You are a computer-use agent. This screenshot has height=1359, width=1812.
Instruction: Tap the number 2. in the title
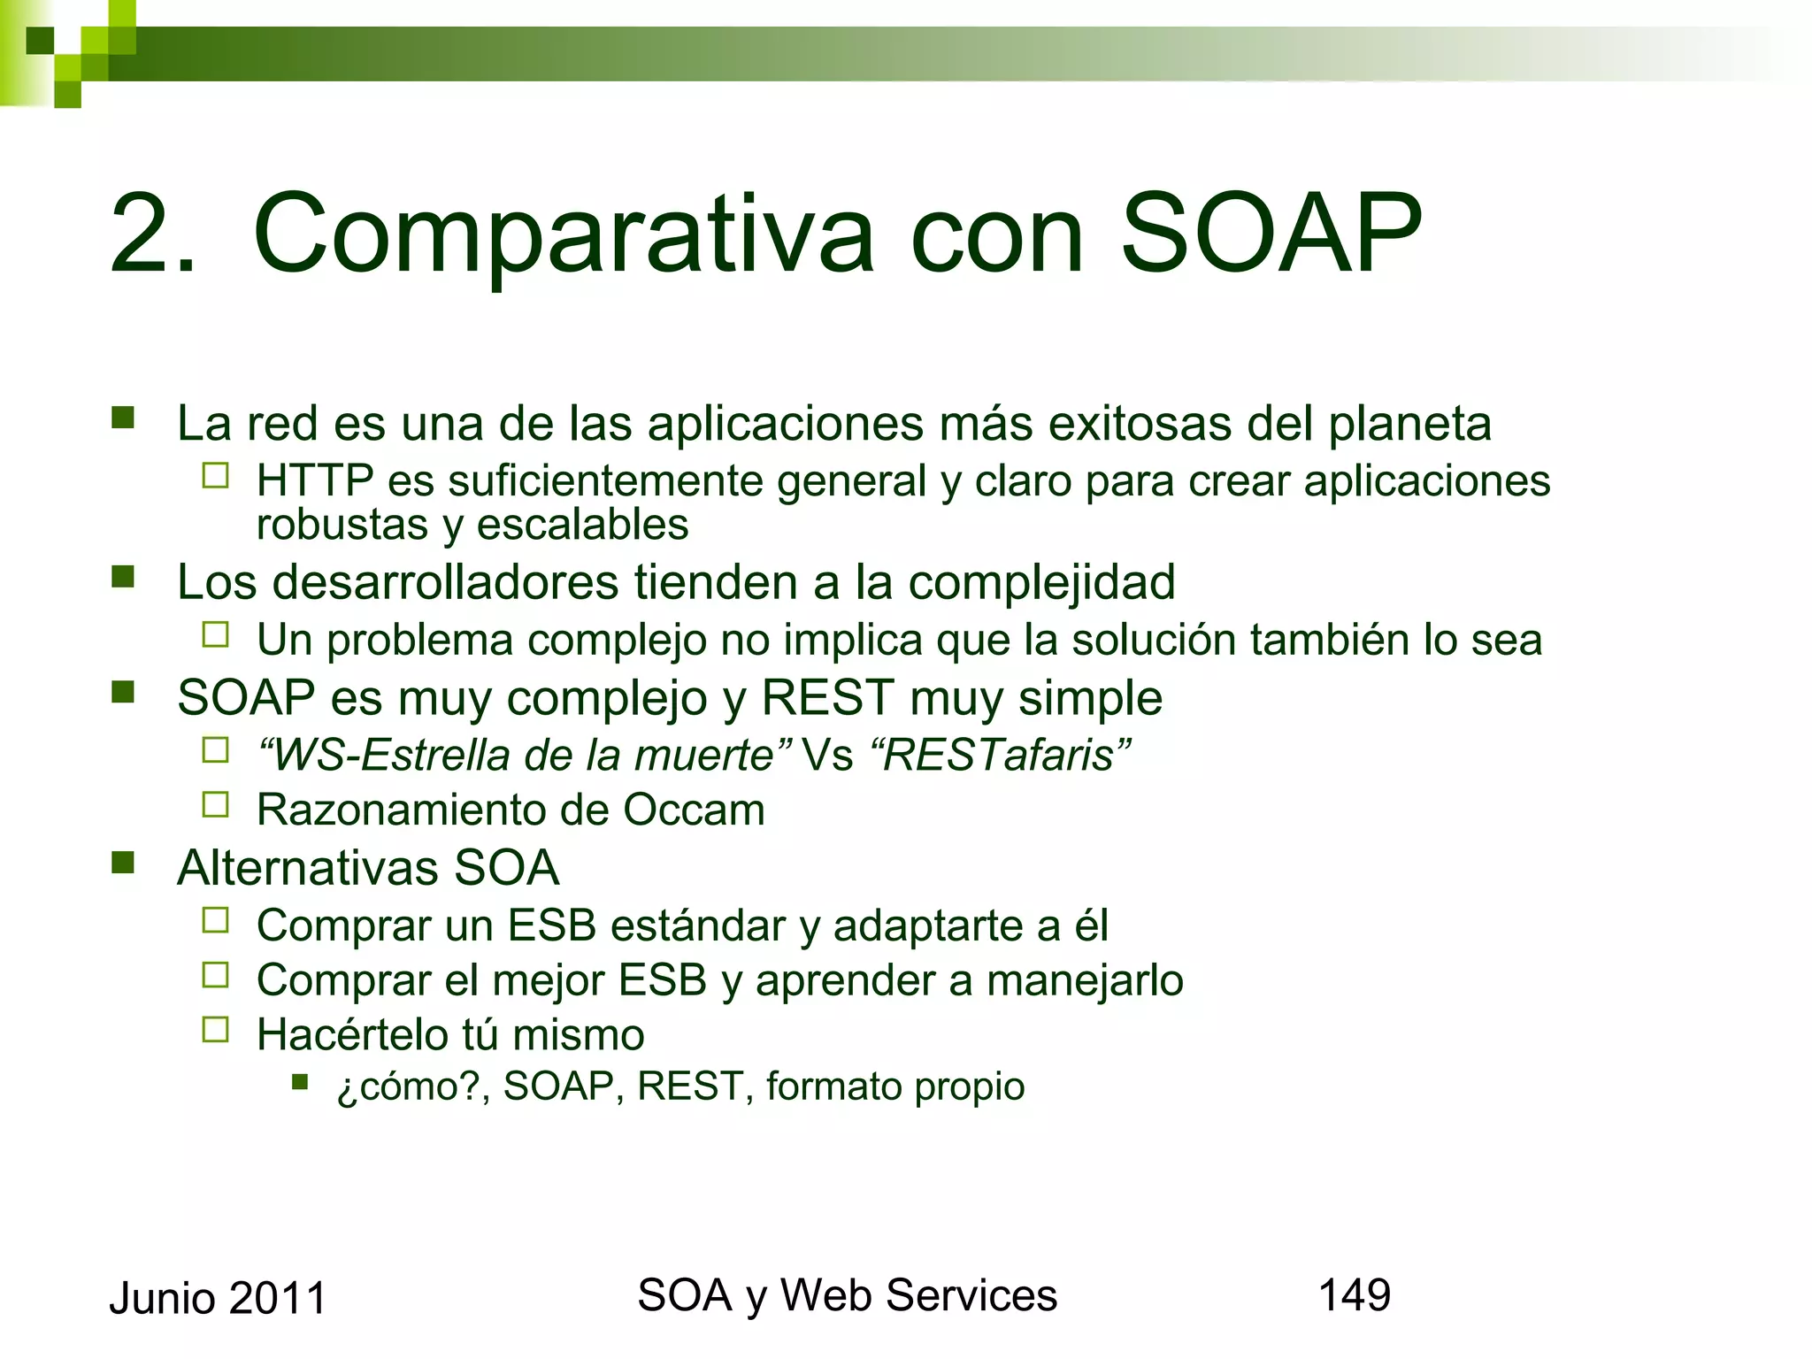[152, 234]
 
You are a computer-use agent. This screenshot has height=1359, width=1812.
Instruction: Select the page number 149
[1354, 1295]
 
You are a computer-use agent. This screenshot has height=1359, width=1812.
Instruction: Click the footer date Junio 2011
[218, 1299]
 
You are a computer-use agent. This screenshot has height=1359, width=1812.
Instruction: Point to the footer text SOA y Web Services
[847, 1295]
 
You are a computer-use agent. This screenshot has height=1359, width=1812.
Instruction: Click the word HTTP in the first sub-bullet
[314, 481]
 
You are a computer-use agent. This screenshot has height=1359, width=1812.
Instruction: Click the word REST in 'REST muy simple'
[827, 698]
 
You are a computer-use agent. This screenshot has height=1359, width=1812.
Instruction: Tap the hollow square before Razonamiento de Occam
[215, 804]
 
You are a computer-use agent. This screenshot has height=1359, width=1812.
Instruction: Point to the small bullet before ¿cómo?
[300, 1081]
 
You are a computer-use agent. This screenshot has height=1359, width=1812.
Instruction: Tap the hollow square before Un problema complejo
[215, 634]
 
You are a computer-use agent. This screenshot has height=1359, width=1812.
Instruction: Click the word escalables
[582, 526]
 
